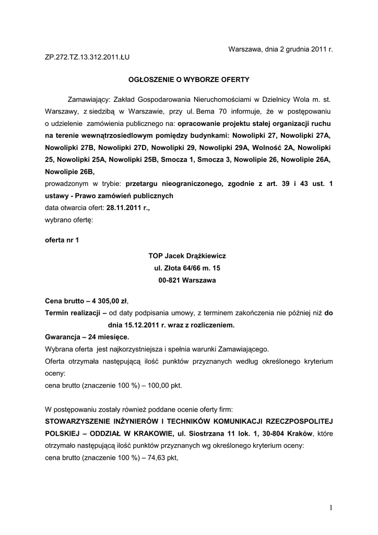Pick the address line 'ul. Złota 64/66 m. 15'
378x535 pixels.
pos(187,268)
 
